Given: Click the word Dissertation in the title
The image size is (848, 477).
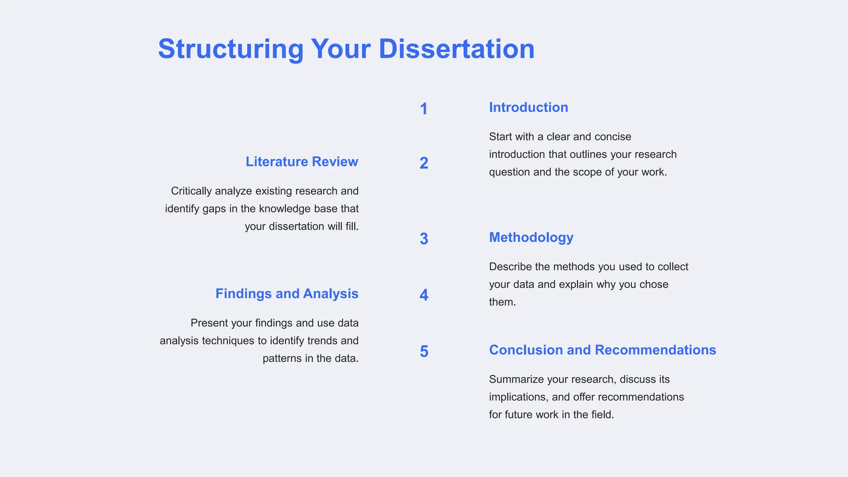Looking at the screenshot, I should point(456,49).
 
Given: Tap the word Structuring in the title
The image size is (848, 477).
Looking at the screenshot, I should point(231,49).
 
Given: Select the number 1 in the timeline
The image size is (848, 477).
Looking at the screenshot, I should point(424,109).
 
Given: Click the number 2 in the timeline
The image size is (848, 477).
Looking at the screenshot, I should point(424,163).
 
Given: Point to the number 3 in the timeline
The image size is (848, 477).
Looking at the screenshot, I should point(424,239).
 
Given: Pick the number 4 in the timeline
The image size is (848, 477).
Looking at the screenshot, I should point(424,295).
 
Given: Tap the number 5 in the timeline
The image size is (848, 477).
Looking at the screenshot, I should point(424,352).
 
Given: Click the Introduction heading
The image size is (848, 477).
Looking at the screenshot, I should point(528,107).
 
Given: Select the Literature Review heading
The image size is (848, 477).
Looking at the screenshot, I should point(302,161).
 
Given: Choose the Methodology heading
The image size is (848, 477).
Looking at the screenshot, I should point(531,237).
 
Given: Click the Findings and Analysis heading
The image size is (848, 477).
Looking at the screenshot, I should point(287,294).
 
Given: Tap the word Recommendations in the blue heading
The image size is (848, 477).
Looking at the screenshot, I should point(655,350).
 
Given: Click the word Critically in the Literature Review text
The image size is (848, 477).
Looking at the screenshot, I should point(191,191).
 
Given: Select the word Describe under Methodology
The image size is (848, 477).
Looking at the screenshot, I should point(510,267).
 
